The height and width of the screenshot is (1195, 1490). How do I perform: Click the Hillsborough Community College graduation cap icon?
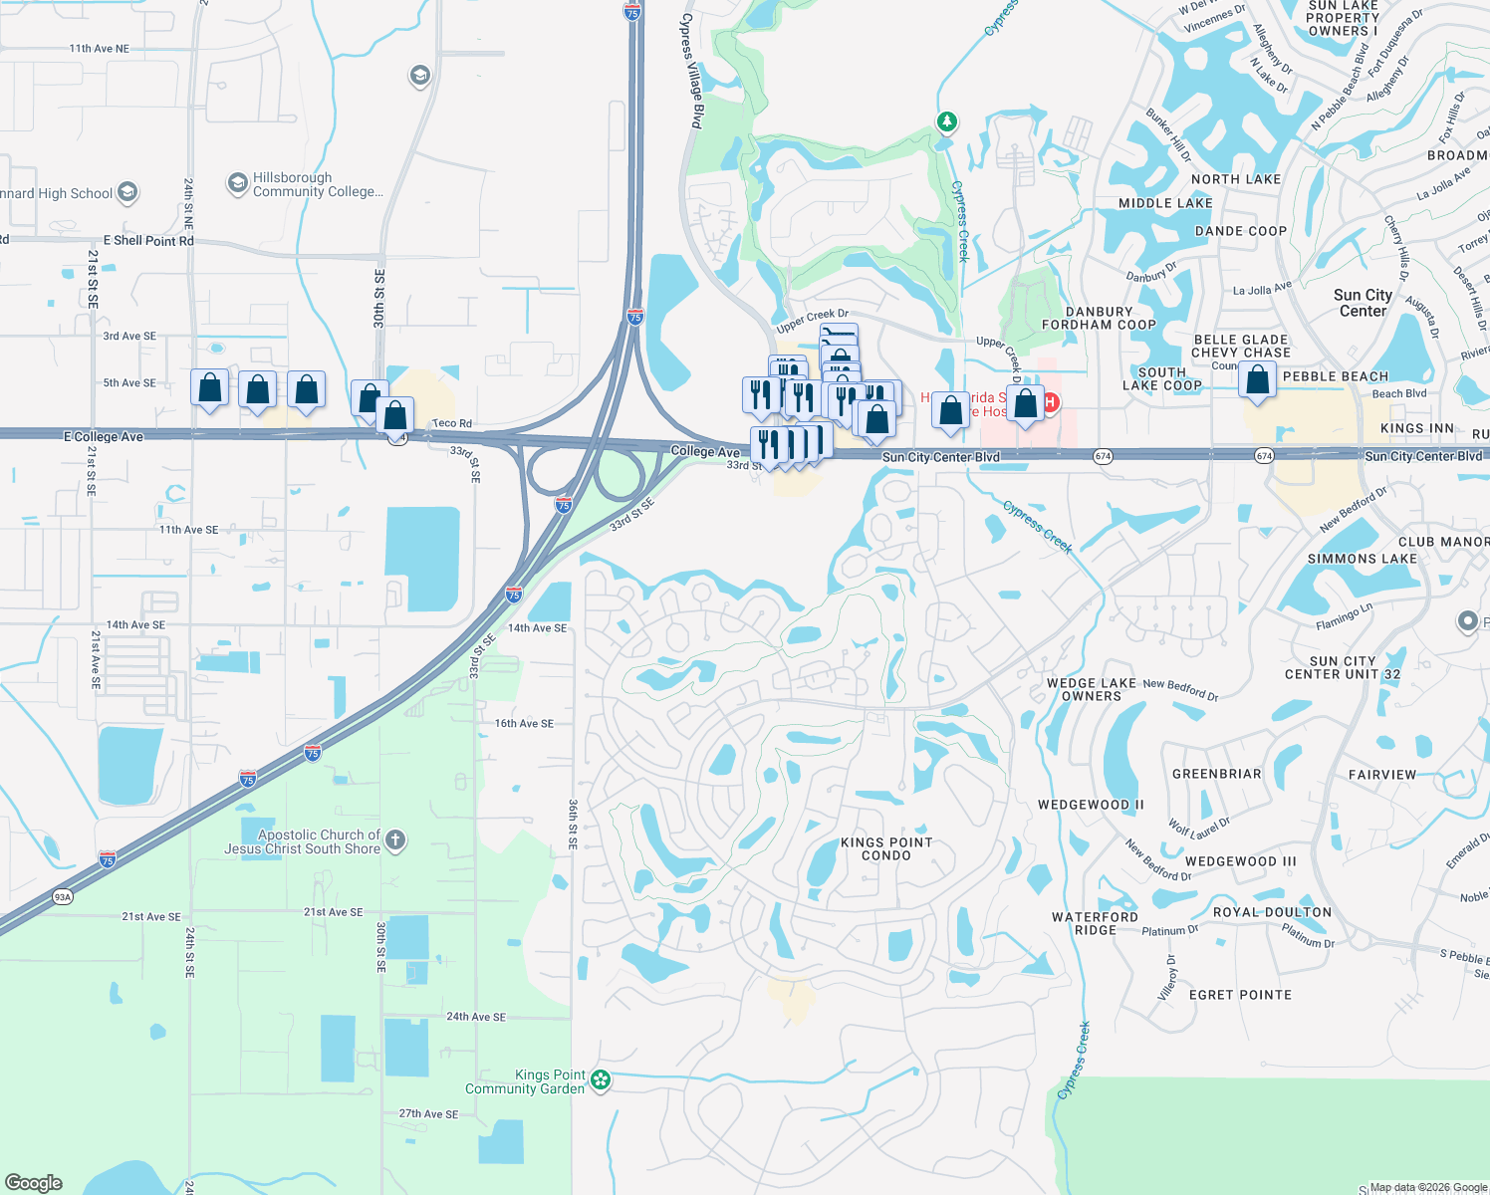[x=237, y=183]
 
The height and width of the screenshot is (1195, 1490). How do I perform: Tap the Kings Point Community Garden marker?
[x=600, y=1080]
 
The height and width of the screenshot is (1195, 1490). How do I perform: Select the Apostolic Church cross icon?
[x=395, y=840]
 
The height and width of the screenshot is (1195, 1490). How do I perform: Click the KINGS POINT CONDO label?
[x=886, y=848]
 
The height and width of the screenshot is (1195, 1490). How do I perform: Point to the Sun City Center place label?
[x=1363, y=303]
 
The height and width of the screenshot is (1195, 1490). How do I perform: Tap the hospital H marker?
[x=1049, y=401]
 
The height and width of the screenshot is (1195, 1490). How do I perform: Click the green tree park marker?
[x=946, y=121]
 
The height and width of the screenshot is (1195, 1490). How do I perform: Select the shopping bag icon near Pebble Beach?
[x=1258, y=380]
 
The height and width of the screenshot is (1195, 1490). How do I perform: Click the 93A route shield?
[x=63, y=897]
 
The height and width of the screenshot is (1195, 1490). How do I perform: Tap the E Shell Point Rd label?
[x=148, y=241]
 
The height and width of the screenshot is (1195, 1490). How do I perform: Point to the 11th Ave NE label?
[x=100, y=48]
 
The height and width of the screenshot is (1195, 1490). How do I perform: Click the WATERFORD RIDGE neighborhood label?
[x=1095, y=923]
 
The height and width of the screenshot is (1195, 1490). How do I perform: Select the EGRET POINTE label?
[x=1240, y=995]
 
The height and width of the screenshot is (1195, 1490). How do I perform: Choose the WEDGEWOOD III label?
[x=1240, y=861]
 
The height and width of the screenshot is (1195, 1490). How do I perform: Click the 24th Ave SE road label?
[x=476, y=1017]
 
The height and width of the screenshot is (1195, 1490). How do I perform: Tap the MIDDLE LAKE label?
[x=1165, y=203]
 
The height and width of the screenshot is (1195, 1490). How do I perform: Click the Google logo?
[x=34, y=1182]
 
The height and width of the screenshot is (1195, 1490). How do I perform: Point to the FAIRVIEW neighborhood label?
[x=1381, y=775]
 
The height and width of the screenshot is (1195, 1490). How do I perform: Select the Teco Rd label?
[x=452, y=423]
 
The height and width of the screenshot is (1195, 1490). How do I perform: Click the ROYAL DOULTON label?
[x=1272, y=912]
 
